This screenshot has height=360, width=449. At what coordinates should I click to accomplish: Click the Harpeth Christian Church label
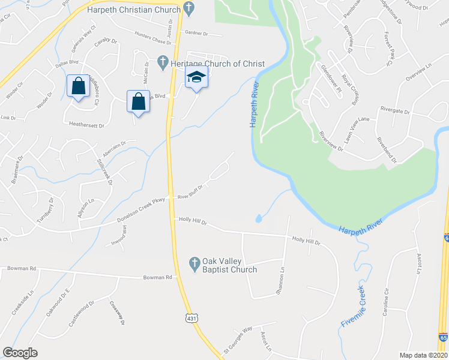(133, 10)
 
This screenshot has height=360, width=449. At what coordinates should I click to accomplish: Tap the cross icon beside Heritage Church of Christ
(162, 61)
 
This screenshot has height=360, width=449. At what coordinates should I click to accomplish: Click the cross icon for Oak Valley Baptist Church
(194, 263)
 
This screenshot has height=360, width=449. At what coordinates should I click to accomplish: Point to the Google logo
(20, 353)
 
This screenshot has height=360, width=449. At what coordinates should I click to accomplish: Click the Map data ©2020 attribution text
(424, 355)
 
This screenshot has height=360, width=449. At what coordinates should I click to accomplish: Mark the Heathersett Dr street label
(87, 126)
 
